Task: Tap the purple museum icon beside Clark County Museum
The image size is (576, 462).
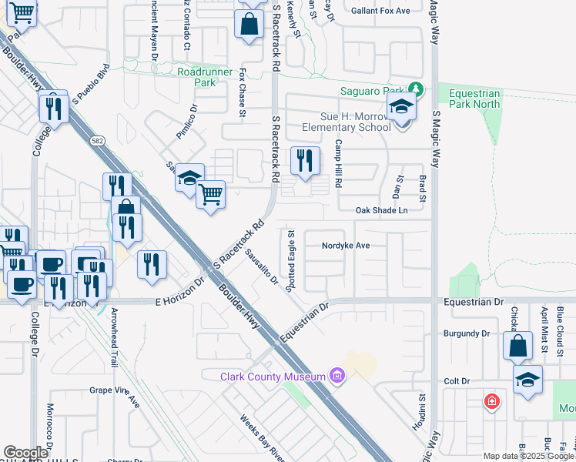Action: [336, 376]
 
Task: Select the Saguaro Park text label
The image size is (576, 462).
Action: [373, 91]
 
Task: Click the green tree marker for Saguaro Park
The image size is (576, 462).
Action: [416, 89]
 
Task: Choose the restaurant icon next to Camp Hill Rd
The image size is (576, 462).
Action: [305, 160]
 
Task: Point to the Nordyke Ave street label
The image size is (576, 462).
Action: [347, 246]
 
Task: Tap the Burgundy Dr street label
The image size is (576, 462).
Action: [467, 334]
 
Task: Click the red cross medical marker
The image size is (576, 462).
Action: [491, 401]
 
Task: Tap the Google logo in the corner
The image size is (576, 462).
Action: [25, 452]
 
